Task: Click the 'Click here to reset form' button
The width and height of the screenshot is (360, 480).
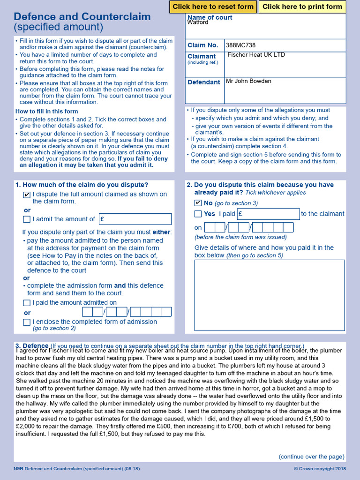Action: [x=213, y=7]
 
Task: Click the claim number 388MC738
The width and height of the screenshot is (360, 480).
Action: [x=240, y=45]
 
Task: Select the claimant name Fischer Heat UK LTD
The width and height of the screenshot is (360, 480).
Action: [x=256, y=55]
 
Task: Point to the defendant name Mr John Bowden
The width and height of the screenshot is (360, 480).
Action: [x=248, y=81]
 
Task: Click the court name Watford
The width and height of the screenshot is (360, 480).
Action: [x=198, y=22]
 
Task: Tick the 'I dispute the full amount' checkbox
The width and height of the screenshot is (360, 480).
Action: [x=27, y=195]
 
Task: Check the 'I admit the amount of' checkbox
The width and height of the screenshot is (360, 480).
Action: [x=27, y=219]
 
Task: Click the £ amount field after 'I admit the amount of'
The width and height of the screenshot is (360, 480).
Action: [x=135, y=219]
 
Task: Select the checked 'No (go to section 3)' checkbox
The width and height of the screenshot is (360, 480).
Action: [x=198, y=203]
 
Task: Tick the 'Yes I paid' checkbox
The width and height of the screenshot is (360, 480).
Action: [x=198, y=214]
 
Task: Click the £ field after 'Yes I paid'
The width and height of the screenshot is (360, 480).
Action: [x=268, y=214]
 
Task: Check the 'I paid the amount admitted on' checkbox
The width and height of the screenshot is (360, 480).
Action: [x=27, y=303]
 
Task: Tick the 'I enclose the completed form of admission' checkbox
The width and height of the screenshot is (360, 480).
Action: [x=27, y=322]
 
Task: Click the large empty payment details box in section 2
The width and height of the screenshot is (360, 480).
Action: [x=270, y=295]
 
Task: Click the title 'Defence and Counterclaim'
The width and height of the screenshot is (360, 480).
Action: [x=82, y=17]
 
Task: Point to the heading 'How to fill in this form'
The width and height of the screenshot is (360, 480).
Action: [x=46, y=112]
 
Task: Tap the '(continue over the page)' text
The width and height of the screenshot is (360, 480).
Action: [x=311, y=457]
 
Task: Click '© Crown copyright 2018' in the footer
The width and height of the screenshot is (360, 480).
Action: [x=320, y=469]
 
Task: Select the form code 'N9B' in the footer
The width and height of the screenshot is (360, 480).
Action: [x=18, y=469]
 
